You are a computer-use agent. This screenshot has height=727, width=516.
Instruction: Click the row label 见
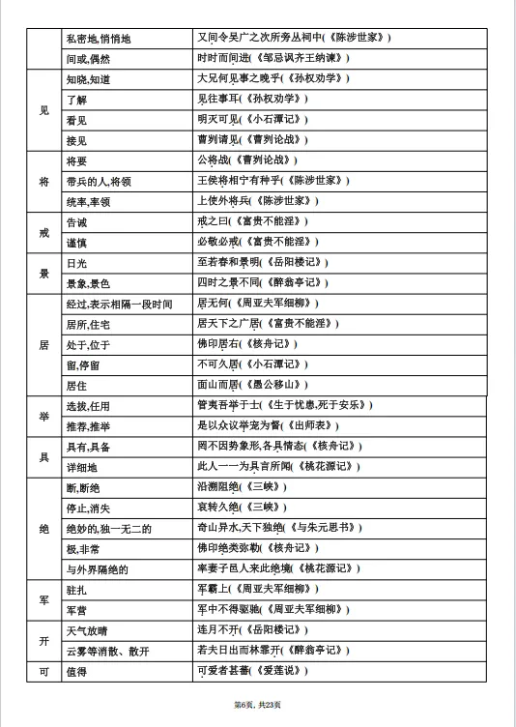pos(43,109)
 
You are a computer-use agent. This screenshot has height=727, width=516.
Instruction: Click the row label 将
pos(43,180)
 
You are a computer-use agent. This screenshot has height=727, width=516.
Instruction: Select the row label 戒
pos(43,232)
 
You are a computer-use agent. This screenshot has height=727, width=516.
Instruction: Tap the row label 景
pos(43,274)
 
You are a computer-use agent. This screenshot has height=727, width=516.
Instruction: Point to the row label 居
pos(43,344)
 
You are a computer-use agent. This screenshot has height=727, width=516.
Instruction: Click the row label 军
pos(43,599)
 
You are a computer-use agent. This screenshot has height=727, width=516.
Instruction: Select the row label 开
pos(43,641)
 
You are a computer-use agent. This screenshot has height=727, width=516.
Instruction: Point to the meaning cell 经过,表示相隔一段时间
pos(119,304)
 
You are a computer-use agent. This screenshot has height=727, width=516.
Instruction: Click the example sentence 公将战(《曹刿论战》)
pos(247,160)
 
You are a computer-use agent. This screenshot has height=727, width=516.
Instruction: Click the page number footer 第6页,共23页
pos(257,703)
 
